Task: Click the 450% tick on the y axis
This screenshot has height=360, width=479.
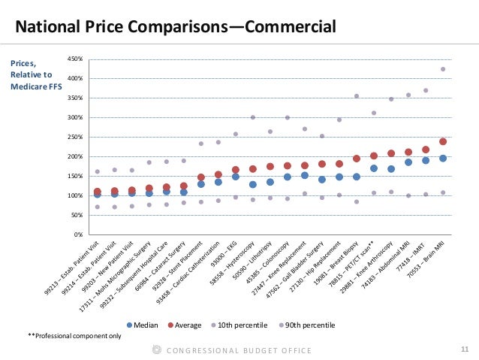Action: (x=73, y=59)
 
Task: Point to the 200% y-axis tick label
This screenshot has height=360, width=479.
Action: (x=73, y=156)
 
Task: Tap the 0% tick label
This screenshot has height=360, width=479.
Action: (x=76, y=234)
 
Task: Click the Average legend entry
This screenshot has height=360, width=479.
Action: (x=188, y=325)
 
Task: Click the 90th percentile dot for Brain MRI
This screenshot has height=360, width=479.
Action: (x=443, y=69)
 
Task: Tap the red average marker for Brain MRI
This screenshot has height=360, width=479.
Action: (x=443, y=141)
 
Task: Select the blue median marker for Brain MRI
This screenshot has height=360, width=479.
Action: (x=443, y=158)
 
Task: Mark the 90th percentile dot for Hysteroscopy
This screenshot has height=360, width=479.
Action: (x=252, y=117)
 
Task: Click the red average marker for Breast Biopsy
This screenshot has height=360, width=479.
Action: (x=357, y=159)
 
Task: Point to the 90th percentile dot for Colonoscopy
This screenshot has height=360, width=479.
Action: (x=287, y=117)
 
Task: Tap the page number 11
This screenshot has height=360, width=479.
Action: (x=462, y=349)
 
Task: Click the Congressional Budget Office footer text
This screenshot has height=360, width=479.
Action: (x=239, y=350)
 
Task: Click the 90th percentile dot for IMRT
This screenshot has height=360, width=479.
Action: (x=426, y=90)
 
